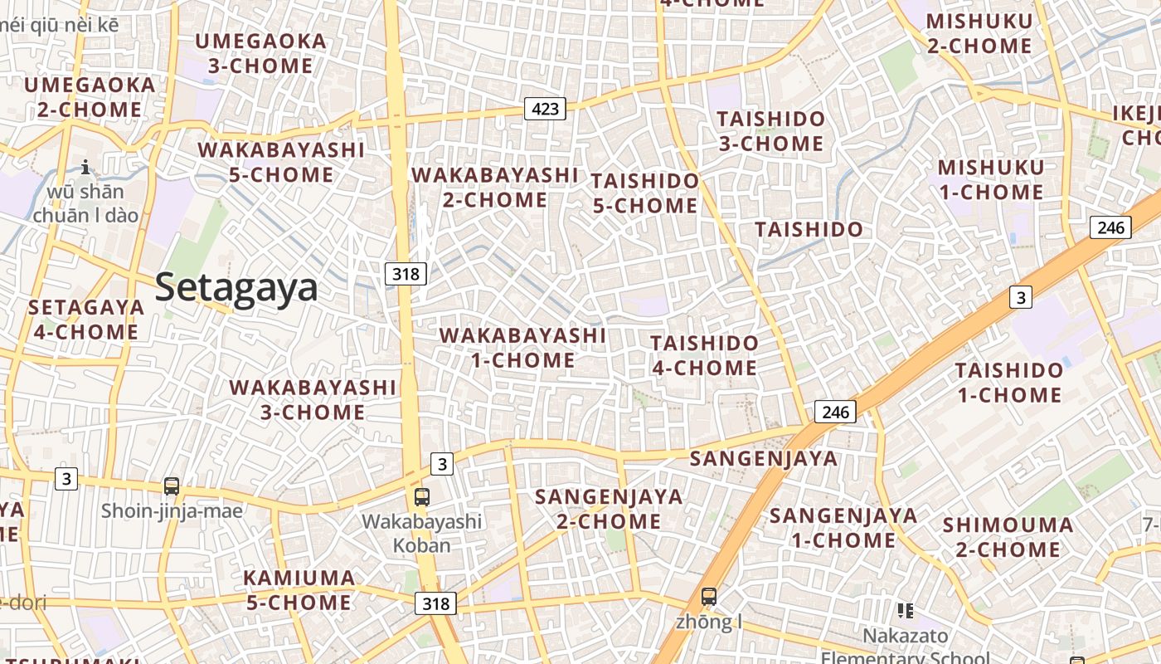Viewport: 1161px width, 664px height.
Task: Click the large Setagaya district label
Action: pyautogui.click(x=236, y=288)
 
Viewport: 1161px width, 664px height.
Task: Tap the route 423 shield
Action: pyautogui.click(x=545, y=108)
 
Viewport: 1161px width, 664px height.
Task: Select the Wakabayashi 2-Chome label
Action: pyautogui.click(x=495, y=188)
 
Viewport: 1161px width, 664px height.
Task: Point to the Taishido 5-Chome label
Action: pyautogui.click(x=645, y=193)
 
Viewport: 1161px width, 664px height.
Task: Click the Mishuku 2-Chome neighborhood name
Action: pyautogui.click(x=979, y=33)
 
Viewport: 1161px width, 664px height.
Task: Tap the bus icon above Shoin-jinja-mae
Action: pyautogui.click(x=172, y=486)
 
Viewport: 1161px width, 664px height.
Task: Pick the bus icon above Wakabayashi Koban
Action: pyautogui.click(x=422, y=497)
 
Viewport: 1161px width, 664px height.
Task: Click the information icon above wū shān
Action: pyautogui.click(x=85, y=168)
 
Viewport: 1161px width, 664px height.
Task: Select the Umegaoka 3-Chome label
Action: pyautogui.click(x=260, y=53)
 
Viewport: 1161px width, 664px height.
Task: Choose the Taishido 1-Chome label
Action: pyautogui.click(x=1009, y=383)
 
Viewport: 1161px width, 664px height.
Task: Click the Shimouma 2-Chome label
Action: pyautogui.click(x=1008, y=537)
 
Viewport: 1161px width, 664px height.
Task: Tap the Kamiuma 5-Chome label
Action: pyautogui.click(x=299, y=589)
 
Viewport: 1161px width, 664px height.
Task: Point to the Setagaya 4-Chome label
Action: pyautogui.click(x=86, y=320)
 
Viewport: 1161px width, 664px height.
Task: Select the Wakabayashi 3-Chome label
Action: pyautogui.click(x=313, y=399)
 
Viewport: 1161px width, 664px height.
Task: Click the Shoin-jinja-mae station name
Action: pyautogui.click(x=172, y=510)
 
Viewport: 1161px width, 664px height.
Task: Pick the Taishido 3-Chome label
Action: pyautogui.click(x=771, y=131)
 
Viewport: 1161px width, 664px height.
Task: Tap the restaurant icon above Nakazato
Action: pyautogui.click(x=905, y=612)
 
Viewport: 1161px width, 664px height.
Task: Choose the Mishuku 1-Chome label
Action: pyautogui.click(x=991, y=179)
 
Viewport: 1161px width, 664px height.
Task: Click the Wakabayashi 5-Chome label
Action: pyautogui.click(x=281, y=162)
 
